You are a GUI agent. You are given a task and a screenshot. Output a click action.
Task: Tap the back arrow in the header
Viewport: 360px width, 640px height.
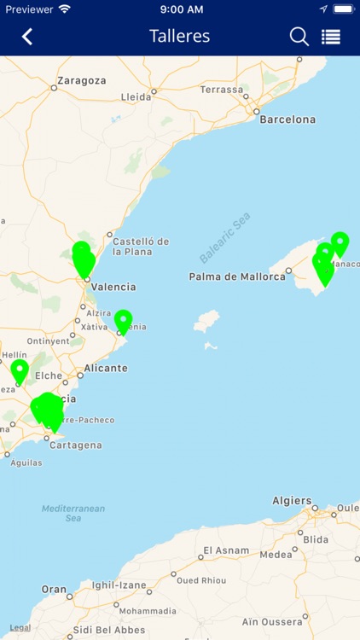point(27,37)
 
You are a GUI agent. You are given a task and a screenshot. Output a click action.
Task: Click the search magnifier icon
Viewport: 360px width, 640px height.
point(299,37)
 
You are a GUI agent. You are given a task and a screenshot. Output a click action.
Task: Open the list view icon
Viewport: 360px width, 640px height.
point(331,37)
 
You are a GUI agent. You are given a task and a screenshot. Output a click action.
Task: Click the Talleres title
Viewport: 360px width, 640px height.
point(179,37)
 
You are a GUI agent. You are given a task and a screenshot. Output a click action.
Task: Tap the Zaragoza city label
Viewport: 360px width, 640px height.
point(82,81)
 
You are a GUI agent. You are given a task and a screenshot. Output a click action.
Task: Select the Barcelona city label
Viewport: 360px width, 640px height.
point(287,119)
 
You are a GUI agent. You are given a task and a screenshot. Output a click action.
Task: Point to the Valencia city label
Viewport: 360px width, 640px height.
point(113,287)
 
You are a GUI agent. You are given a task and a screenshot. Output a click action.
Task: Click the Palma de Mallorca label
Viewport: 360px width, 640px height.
point(237,276)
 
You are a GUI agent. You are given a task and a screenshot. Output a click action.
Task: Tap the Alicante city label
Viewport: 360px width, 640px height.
point(106,369)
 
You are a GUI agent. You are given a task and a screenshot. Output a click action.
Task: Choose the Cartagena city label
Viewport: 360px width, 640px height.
point(77,445)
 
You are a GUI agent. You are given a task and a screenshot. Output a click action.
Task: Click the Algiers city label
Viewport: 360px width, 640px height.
point(292,501)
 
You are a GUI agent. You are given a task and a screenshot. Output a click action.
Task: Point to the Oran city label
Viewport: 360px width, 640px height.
point(54,590)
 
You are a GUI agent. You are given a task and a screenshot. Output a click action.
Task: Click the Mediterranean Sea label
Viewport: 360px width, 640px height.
point(73,513)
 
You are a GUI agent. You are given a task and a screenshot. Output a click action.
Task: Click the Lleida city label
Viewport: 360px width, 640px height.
point(136,97)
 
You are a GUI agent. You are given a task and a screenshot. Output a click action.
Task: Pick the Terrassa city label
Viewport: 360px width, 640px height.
point(222,90)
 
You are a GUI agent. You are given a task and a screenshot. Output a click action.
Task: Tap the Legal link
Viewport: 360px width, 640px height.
point(20,628)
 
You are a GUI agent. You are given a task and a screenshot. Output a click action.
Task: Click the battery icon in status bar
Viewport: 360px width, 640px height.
point(343,9)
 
